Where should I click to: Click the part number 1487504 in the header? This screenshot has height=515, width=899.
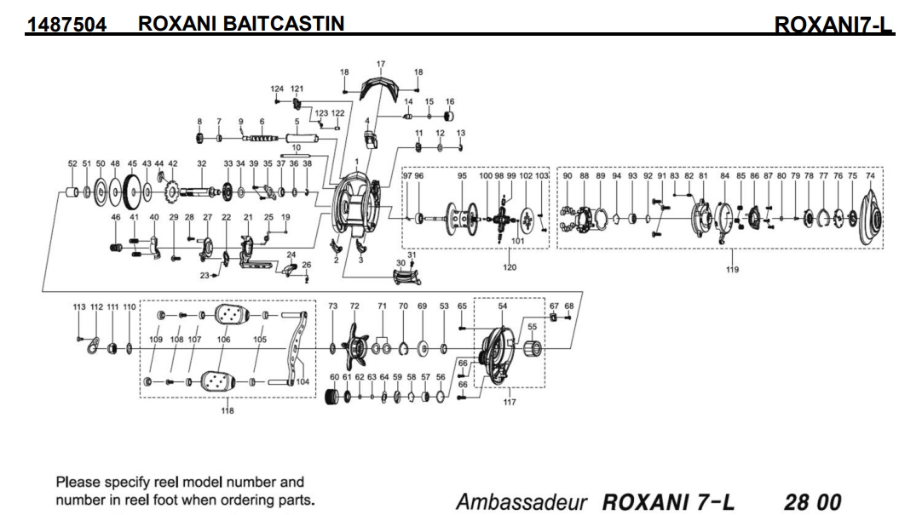point(66,24)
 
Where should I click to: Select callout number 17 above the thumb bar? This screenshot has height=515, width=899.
point(381,64)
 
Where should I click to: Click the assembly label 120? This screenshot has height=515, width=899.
point(510,267)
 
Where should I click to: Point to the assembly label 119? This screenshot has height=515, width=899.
point(732,270)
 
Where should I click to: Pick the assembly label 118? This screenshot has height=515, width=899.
point(228,411)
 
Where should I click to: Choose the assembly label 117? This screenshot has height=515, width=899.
point(509,403)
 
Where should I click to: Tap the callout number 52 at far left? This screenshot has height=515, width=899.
point(72,163)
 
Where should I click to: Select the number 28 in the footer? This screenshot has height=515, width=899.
point(797,501)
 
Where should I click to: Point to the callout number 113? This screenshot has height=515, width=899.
point(79,306)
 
